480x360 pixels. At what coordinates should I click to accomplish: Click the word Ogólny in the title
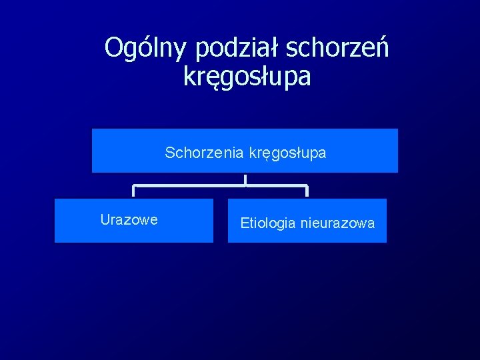[147, 48]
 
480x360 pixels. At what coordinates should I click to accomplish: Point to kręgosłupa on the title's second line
[247, 77]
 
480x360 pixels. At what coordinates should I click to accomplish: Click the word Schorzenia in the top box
[205, 153]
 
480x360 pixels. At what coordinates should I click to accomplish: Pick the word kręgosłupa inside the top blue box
[288, 153]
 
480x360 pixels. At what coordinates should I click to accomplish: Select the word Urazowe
[129, 220]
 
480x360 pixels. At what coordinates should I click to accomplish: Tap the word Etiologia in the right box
[267, 223]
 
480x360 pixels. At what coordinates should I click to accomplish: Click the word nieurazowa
[337, 223]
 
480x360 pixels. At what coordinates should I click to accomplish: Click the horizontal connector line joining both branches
[200, 185]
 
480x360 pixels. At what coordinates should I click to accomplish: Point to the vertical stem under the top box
[245, 179]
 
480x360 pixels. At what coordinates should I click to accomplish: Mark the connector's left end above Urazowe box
[134, 191]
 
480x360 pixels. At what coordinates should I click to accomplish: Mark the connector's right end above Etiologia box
[307, 191]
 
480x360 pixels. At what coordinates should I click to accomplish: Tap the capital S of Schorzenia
[170, 153]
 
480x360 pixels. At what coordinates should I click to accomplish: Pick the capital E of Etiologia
[244, 223]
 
